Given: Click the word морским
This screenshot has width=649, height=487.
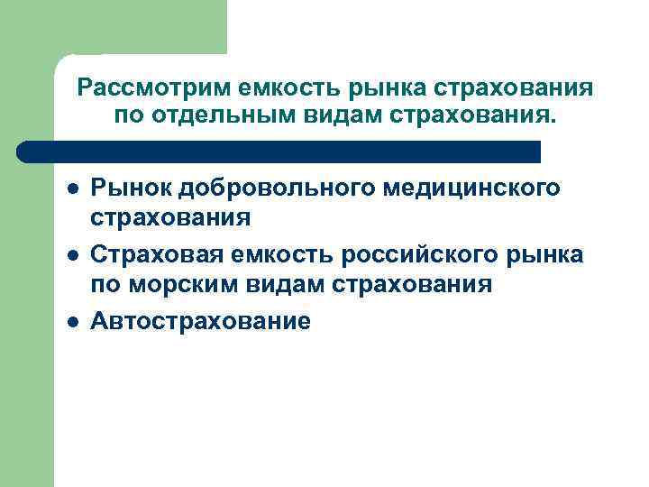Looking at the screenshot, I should [x=190, y=285].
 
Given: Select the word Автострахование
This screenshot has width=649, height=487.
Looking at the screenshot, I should [x=200, y=321].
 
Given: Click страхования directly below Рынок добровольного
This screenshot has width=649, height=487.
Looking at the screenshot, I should [x=170, y=217].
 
